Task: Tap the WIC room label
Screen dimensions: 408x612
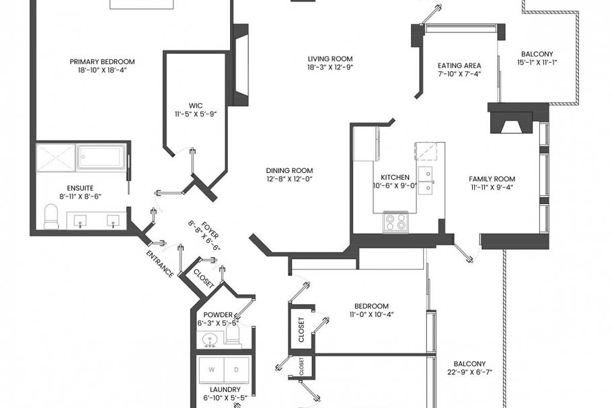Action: pyautogui.click(x=195, y=106)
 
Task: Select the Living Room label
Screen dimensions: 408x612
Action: pyautogui.click(x=330, y=59)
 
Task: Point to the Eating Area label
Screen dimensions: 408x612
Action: pyautogui.click(x=459, y=66)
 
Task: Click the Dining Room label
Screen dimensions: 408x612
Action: pyautogui.click(x=289, y=171)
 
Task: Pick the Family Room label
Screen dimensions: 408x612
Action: pyautogui.click(x=492, y=179)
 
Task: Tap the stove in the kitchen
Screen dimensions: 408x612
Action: pyautogui.click(x=395, y=222)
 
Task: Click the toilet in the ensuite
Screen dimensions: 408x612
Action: pyautogui.click(x=51, y=217)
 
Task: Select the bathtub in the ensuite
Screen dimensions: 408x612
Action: pyautogui.click(x=101, y=157)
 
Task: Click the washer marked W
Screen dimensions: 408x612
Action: pyautogui.click(x=213, y=370)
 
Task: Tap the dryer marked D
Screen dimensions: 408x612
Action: pyautogui.click(x=235, y=370)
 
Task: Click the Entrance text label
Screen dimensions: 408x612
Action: pyautogui.click(x=160, y=263)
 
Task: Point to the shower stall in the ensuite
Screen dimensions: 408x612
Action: pyautogui.click(x=55, y=157)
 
